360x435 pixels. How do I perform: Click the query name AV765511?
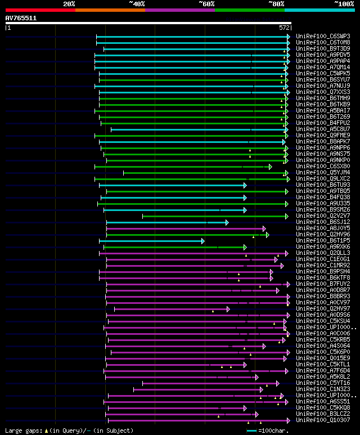[21, 18]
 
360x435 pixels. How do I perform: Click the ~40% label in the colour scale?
[137, 4]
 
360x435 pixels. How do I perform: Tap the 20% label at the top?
[69, 4]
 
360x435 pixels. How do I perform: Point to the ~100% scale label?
[344, 4]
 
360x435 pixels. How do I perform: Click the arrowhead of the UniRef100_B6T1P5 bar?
[202, 241]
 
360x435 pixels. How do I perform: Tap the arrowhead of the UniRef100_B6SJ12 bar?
[227, 222]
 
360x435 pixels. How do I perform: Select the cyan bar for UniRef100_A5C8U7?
[197, 129]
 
